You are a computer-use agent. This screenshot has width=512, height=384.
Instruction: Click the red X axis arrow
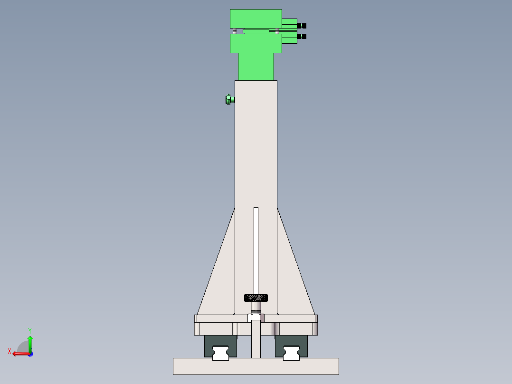pyautogui.click(x=20, y=354)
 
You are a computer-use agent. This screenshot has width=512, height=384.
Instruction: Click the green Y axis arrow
pyautogui.click(x=30, y=344)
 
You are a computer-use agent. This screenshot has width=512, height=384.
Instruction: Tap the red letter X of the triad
pyautogui.click(x=9, y=351)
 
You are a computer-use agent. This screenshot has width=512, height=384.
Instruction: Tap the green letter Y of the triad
pyautogui.click(x=29, y=330)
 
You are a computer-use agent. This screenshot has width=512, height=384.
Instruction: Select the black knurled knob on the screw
pyautogui.click(x=256, y=298)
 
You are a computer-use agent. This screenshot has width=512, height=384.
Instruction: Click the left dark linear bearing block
pyautogui.click(x=209, y=346)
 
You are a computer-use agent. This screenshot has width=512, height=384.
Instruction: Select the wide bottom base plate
pyautogui.click(x=256, y=366)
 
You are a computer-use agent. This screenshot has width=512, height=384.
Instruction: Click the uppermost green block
pyautogui.click(x=256, y=19)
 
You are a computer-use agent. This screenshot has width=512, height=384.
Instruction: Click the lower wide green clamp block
pyautogui.click(x=256, y=43)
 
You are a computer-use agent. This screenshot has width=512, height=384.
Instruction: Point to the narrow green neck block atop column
pyautogui.click(x=256, y=67)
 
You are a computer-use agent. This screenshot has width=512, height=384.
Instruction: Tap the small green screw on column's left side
pyautogui.click(x=229, y=99)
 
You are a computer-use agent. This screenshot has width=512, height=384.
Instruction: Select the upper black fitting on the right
pyautogui.click(x=302, y=26)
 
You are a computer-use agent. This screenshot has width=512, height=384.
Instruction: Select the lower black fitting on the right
pyautogui.click(x=302, y=36)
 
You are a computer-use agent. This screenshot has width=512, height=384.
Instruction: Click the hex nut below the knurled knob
pyautogui.click(x=256, y=317)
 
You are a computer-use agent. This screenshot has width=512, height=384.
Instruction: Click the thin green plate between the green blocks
pyautogui.click(x=256, y=31)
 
